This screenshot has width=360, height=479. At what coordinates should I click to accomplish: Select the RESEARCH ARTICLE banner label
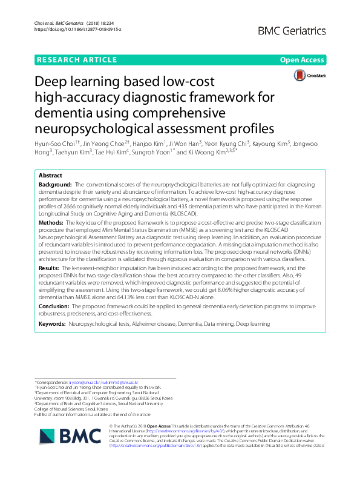pyautogui.click(x=77, y=60)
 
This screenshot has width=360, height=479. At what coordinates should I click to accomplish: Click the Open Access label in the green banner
pyautogui.click(x=302, y=60)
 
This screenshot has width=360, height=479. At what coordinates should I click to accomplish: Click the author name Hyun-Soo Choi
pyautogui.click(x=57, y=144)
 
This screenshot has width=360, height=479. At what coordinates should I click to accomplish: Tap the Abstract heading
pyautogui.click(x=50, y=174)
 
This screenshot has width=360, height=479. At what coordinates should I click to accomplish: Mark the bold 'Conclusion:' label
pyautogui.click(x=56, y=307)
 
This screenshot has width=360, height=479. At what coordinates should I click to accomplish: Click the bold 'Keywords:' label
pyautogui.click(x=53, y=325)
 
